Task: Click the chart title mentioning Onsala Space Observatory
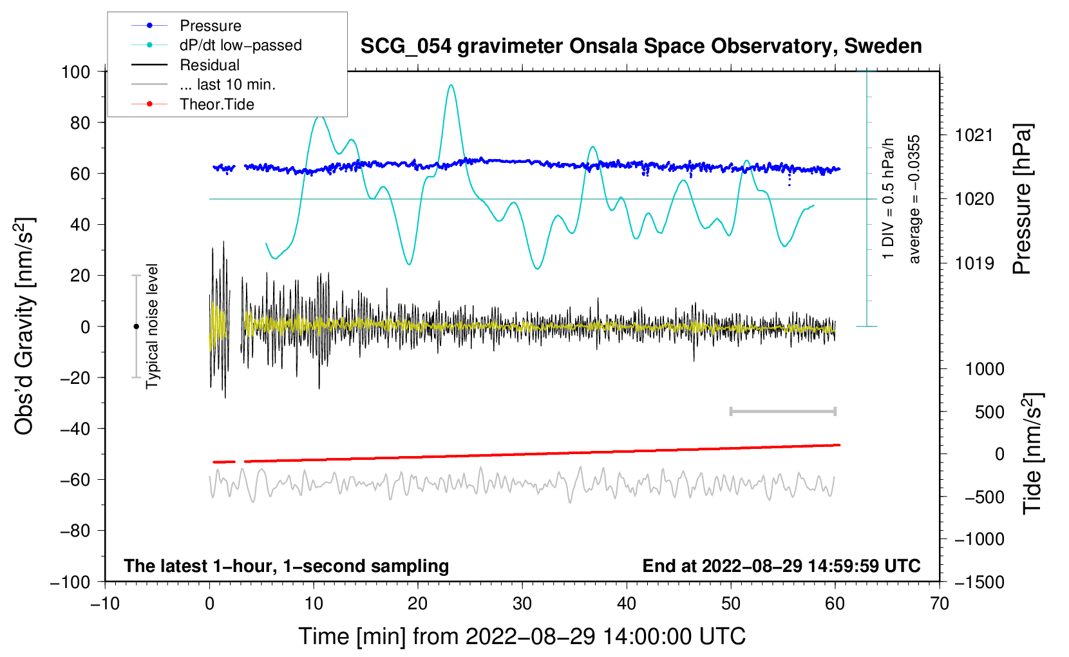pos(641,46)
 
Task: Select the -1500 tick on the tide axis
pos(979,582)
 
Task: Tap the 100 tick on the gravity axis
pos(75,71)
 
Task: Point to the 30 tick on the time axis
pos(522,604)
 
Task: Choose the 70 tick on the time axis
pos(940,604)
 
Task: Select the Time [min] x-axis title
pos(522,636)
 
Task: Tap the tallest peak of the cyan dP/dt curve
pos(451,85)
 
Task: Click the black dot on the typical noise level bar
pos(136,327)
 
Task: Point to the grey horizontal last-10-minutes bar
pos(782,411)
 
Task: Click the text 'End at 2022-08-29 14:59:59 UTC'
pos(781,566)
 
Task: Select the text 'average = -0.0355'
pos(914,199)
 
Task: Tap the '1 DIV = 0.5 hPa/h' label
pos(889,198)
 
